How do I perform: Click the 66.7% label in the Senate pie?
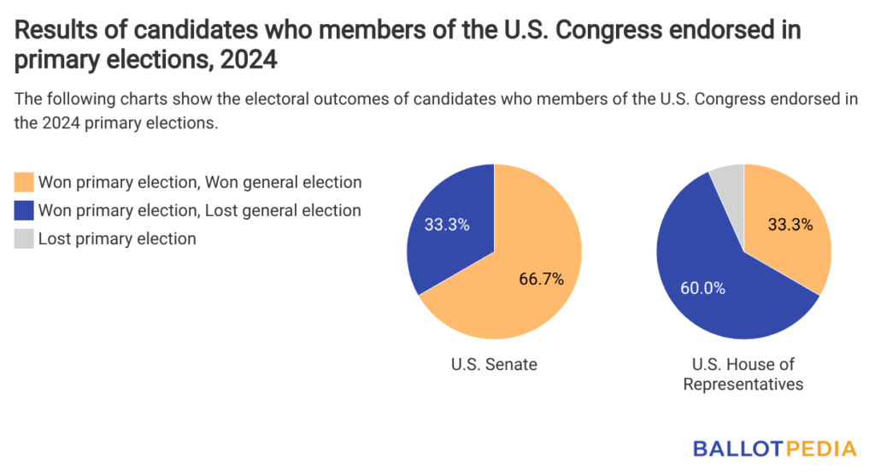click(x=542, y=279)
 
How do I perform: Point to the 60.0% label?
click(x=702, y=288)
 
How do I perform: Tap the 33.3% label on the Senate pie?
click(x=447, y=226)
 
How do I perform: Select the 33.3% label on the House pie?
click(x=790, y=226)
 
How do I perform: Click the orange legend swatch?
click(x=24, y=182)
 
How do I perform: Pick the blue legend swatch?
click(x=24, y=210)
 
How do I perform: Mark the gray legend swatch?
click(x=24, y=238)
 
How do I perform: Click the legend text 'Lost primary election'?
click(x=117, y=238)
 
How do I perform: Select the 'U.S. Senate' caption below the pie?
click(x=494, y=365)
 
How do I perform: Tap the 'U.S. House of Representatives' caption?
click(x=743, y=374)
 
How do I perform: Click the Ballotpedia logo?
click(x=775, y=448)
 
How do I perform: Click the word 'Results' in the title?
click(x=54, y=31)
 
